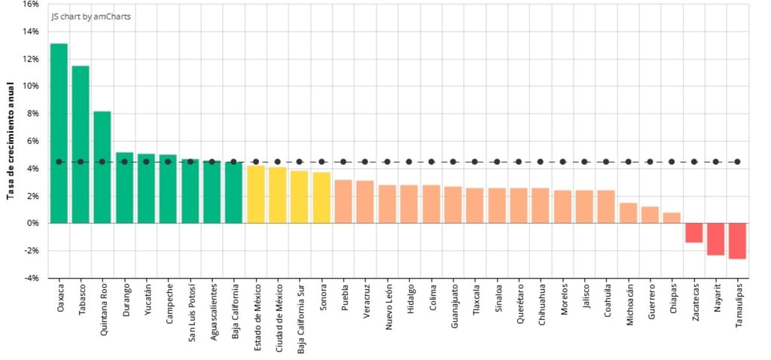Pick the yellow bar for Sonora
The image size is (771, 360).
point(322,197)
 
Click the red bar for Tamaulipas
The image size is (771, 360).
point(737,241)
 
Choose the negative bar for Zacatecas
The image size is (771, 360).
point(693,233)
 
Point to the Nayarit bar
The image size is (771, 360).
point(715,239)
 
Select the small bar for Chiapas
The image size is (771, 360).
point(672,218)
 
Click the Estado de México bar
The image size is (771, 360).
point(256,194)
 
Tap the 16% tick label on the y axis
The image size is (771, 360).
point(31,4)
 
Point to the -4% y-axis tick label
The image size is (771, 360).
point(29,278)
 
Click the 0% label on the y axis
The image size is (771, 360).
point(32,223)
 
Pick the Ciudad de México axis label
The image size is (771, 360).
point(278,314)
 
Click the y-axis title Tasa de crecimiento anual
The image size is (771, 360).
point(11,140)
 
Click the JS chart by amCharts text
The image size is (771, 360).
point(85,16)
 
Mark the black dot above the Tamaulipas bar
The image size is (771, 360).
point(737,161)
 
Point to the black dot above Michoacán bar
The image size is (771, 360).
point(628,161)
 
